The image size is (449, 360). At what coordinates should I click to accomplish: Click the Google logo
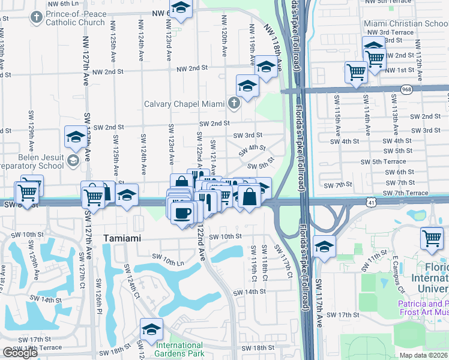[x=20, y=353]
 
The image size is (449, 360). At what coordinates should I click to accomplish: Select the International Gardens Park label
[x=179, y=349]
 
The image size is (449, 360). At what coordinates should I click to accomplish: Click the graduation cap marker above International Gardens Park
[x=151, y=329]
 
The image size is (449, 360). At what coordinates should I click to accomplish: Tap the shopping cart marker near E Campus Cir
[x=432, y=238]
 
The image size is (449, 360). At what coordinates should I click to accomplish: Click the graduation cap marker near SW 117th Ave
[x=324, y=247]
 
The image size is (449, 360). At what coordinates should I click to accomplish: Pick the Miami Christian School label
[x=406, y=23]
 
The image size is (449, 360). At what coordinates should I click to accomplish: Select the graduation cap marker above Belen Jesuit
[x=76, y=136]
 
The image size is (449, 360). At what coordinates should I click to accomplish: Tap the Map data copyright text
[x=424, y=355]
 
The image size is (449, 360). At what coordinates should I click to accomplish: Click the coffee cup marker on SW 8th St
[x=182, y=212]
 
